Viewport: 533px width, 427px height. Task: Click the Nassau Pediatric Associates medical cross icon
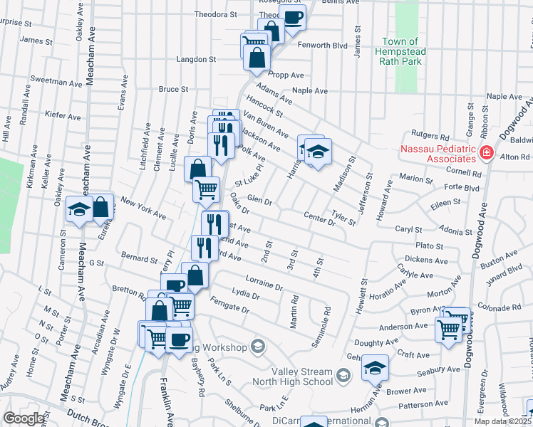[487, 152]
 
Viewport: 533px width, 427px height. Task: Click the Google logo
[23, 418]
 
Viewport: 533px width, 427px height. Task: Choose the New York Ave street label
[143, 207]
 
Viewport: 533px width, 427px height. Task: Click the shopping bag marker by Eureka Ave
[100, 206]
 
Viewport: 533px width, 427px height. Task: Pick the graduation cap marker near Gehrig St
[375, 368]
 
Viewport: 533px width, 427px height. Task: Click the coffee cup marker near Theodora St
[293, 16]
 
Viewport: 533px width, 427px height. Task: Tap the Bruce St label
[173, 90]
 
